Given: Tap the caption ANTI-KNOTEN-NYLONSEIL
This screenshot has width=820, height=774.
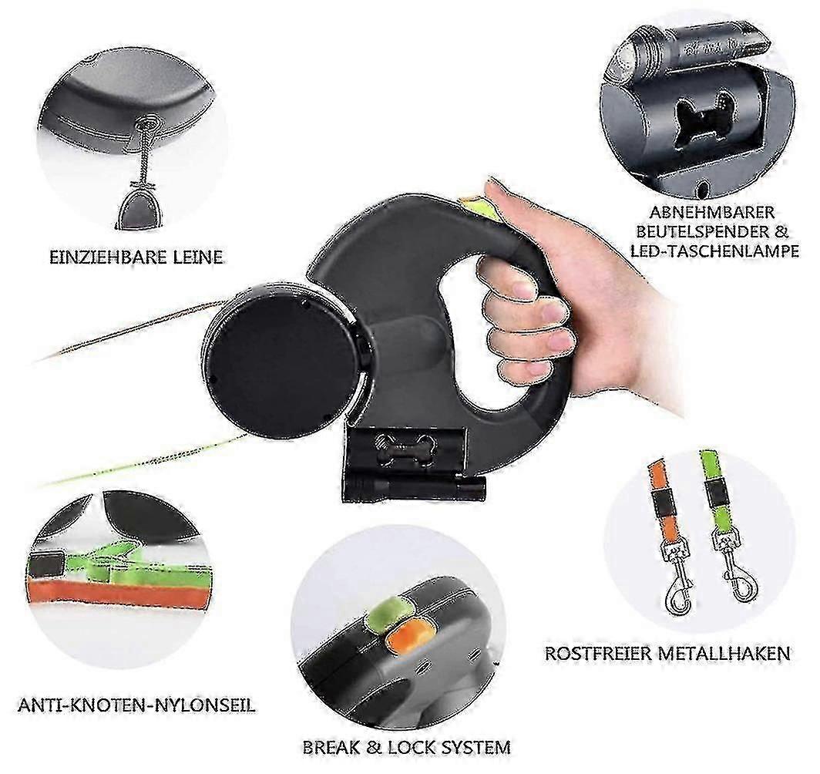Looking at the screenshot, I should point(136,705).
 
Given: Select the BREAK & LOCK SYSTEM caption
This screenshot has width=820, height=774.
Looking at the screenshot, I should point(405,746).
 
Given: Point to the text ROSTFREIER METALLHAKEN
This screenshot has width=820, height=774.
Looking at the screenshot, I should point(667,654).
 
